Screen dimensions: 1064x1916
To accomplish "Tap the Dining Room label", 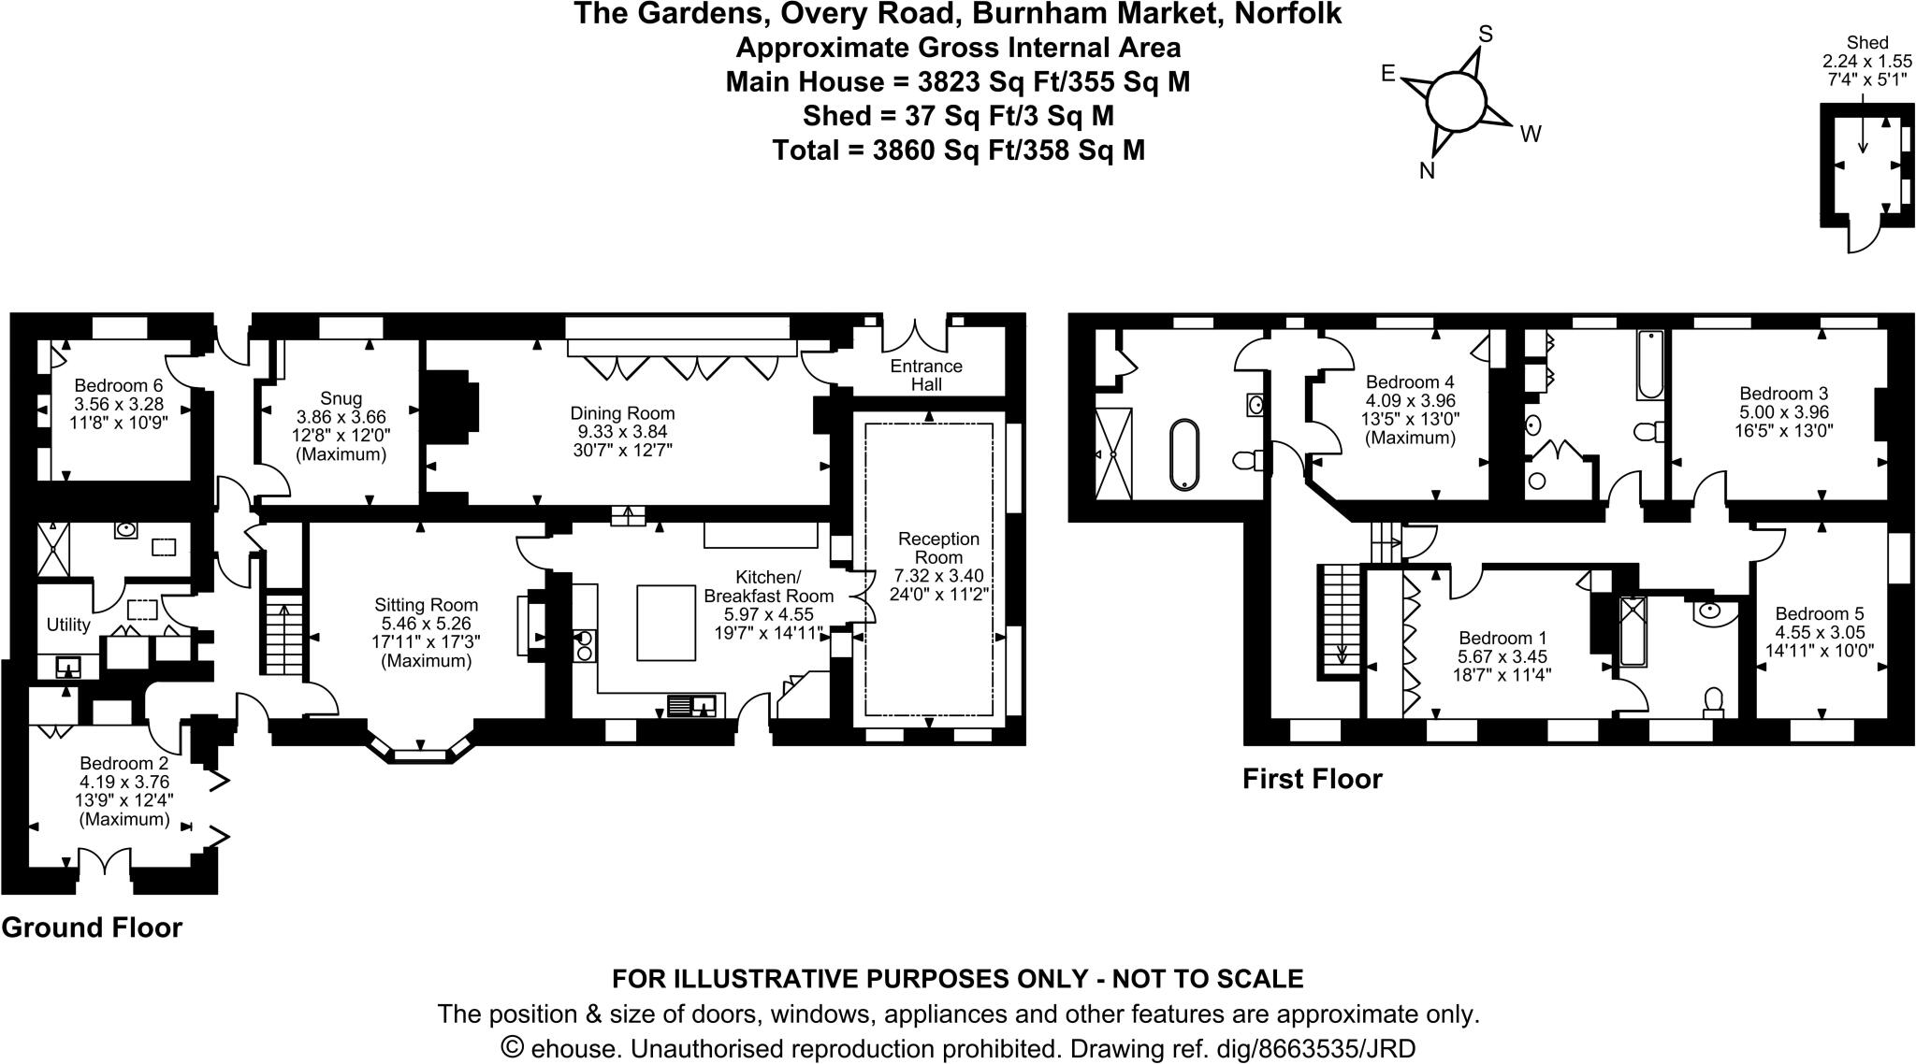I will tap(622, 413).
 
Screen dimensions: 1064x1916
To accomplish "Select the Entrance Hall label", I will tap(926, 375).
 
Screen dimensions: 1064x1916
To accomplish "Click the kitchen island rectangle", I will tap(667, 622).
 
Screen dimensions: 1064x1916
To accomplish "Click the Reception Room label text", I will tap(938, 548).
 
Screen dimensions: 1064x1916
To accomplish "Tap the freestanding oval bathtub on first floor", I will tap(1184, 453).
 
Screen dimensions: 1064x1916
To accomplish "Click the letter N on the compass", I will tap(1427, 171).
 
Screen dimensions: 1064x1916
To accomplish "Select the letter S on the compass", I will tap(1484, 35).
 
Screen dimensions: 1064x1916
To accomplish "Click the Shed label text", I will tap(1867, 43).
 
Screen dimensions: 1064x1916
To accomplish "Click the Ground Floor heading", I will tap(92, 927).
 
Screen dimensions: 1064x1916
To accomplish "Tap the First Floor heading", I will tap(1312, 779).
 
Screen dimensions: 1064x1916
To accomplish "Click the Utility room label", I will tap(68, 625).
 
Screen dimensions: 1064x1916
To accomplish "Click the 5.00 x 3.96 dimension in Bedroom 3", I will tap(1783, 412).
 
